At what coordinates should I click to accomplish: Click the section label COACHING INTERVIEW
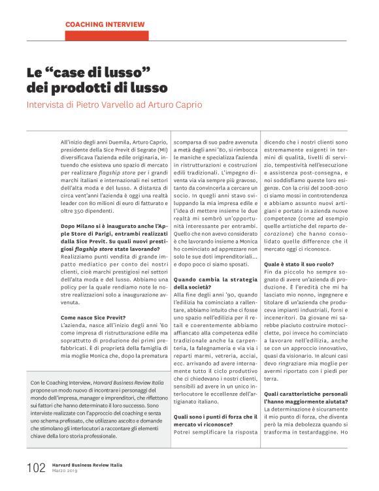[105, 24]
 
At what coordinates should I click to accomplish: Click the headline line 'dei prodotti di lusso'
[97, 87]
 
